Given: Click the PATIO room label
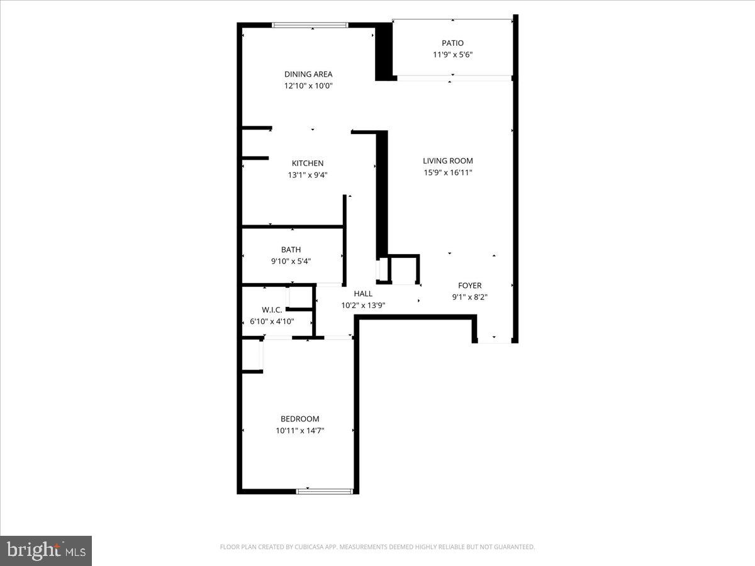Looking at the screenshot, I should click(452, 43).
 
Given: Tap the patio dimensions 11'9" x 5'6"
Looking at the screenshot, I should click(452, 55).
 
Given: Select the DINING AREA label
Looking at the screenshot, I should click(308, 74).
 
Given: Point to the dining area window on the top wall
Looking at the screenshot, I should click(310, 25).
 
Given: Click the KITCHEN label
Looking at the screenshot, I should click(308, 163).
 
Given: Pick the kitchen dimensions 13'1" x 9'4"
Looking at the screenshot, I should click(308, 175).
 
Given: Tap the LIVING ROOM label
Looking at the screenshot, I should click(448, 160).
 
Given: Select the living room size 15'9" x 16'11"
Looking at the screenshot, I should click(447, 172).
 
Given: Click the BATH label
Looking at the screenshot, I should click(291, 250).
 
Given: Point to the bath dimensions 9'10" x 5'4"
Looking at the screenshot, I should click(291, 261).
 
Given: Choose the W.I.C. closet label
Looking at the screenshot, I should click(272, 309).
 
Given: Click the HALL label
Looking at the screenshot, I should click(363, 293).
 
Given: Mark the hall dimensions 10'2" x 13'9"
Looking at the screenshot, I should click(363, 305).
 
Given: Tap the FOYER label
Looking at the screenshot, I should click(469, 286).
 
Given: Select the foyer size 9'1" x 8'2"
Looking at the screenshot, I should click(469, 297).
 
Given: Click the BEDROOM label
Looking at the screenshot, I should click(300, 419).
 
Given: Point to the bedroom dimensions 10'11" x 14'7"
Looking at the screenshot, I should click(300, 431).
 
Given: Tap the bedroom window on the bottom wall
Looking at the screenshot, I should click(325, 491).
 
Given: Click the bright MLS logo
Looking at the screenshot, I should click(46, 550).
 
